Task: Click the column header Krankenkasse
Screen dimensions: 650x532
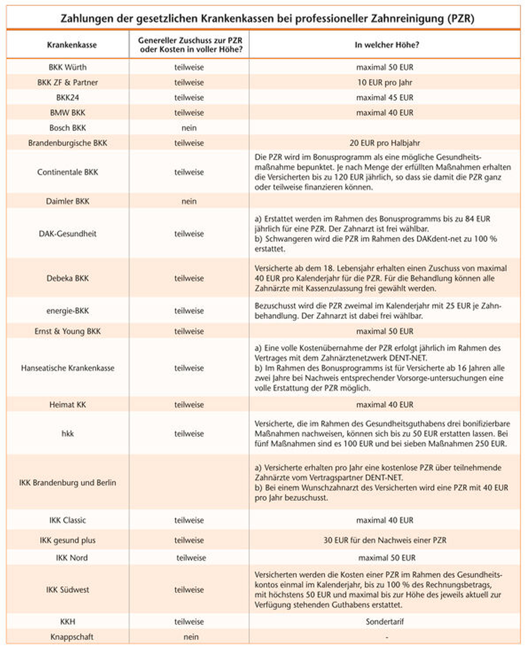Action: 72,45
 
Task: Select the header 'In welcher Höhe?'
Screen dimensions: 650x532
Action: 387,45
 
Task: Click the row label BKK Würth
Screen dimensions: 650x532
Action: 67,67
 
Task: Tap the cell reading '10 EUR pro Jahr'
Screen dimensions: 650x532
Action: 385,82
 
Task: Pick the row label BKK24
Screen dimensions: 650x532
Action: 67,98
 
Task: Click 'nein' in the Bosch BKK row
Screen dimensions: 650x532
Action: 189,128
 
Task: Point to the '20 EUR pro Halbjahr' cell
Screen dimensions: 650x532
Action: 385,143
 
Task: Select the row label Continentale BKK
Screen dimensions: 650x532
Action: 67,172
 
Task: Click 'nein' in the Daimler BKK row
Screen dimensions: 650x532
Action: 189,201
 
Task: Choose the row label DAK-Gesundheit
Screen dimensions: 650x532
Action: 67,234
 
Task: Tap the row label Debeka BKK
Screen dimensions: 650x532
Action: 67,278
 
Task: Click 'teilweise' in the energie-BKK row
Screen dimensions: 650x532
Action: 189,311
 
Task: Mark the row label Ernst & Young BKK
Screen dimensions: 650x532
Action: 67,331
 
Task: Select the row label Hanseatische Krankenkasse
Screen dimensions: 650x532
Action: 67,368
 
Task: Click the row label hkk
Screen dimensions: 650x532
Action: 67,434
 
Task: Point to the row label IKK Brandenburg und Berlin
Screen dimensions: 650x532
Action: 67,483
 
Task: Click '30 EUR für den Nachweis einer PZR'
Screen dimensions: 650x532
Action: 385,540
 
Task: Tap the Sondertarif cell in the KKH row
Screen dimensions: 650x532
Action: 385,622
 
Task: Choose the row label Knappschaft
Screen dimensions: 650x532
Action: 72,637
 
